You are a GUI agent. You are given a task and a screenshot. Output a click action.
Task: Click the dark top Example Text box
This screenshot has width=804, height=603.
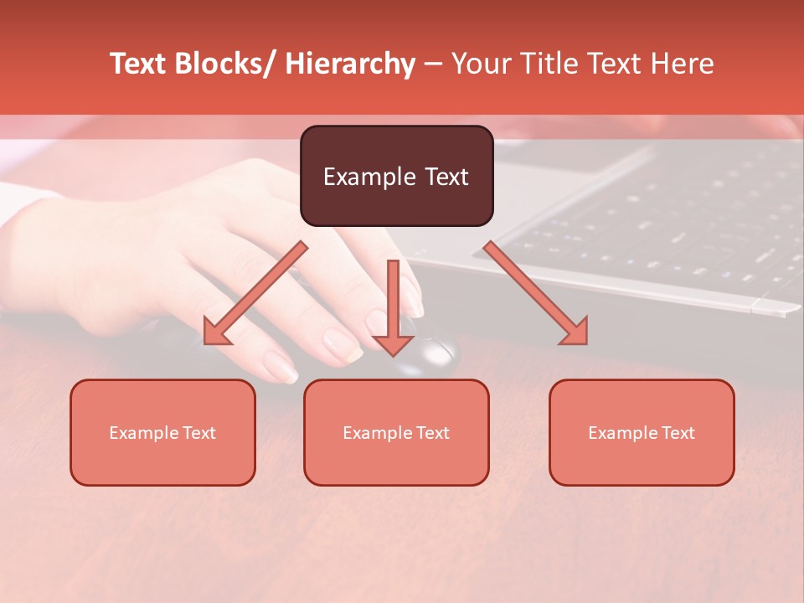coord(396,176)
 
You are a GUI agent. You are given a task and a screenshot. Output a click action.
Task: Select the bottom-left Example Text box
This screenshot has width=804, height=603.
coord(162,432)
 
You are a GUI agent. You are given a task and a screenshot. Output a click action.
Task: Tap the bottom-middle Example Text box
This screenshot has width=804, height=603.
coord(396,432)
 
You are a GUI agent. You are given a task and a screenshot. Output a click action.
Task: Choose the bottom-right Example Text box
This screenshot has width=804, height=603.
coord(642,432)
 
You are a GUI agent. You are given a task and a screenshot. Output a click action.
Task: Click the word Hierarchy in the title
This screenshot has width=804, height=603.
coord(350,64)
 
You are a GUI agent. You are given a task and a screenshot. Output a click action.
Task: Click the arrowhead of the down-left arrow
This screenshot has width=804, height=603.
coord(215,333)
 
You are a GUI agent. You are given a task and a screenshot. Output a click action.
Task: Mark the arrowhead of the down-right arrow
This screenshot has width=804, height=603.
coord(575,332)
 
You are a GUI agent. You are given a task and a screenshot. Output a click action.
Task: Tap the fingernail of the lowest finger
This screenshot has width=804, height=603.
coord(281,366)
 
